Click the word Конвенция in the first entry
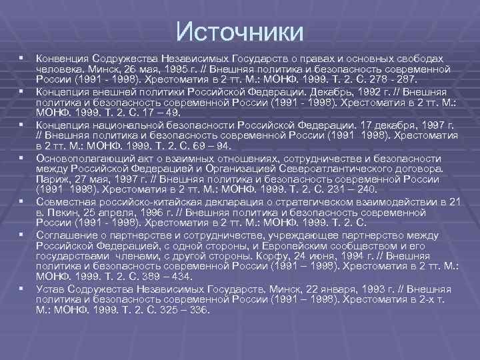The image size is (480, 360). point(62,59)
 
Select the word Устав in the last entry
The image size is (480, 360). point(50,290)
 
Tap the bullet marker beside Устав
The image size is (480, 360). point(22,289)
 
